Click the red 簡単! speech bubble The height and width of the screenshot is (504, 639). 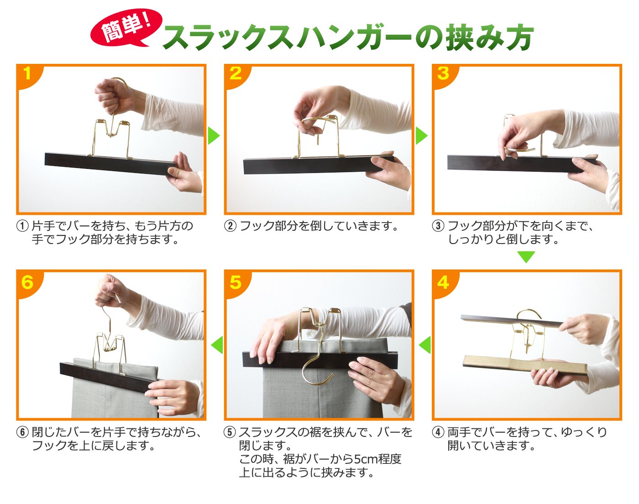point(126,28)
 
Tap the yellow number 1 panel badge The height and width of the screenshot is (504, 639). point(27,73)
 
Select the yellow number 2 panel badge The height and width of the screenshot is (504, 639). point(236,73)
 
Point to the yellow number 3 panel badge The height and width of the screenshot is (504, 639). point(443,73)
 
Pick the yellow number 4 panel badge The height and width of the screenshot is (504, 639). point(443,282)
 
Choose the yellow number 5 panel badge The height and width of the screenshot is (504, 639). point(236,282)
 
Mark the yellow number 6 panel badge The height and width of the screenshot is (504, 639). point(27,282)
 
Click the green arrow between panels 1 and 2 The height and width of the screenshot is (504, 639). point(214,135)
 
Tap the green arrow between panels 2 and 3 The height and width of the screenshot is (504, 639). point(421,135)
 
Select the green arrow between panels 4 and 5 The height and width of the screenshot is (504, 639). point(425,345)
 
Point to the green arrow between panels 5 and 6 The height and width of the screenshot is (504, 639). point(217,345)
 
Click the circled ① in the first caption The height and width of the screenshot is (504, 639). point(22,226)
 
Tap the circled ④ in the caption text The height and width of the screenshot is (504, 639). point(438,432)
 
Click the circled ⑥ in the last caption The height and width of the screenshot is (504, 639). point(22,432)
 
